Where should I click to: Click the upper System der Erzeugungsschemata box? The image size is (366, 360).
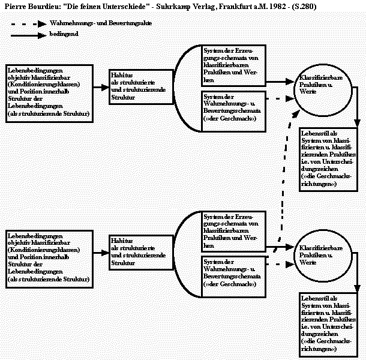pyautogui.click(x=232, y=65)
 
